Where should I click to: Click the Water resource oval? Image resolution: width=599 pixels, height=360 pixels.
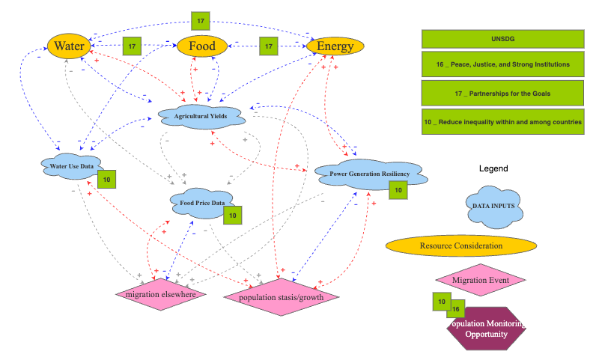[x=69, y=46]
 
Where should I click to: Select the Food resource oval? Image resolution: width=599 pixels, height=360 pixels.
[x=201, y=46]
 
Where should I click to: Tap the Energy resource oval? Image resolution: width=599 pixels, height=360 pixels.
[x=335, y=46]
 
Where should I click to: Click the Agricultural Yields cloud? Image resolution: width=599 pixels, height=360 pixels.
[x=201, y=117]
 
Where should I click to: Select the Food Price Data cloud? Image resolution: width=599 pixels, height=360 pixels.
[x=198, y=202]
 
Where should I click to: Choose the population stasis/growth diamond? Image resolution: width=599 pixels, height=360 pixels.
[x=282, y=297]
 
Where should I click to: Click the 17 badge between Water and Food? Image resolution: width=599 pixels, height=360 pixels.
[x=132, y=46]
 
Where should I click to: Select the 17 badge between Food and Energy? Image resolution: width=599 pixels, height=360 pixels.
[x=269, y=46]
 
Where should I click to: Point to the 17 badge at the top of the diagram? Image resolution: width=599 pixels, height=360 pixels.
[x=200, y=20]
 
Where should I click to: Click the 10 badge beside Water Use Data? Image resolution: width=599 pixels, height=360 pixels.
[x=107, y=180]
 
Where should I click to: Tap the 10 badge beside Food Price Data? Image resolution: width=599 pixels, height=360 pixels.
[x=233, y=216]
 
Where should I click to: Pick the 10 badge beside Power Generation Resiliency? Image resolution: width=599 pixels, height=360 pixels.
[x=398, y=190]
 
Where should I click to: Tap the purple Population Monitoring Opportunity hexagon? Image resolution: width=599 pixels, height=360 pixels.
[x=487, y=329]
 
